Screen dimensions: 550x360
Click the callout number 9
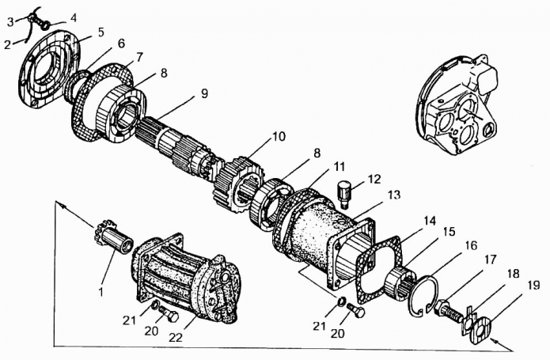(204, 93)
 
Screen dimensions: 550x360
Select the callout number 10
(279, 136)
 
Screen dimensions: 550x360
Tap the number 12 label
(374, 179)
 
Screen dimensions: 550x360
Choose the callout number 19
(533, 286)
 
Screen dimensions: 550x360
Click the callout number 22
(176, 337)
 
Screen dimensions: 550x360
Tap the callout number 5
(101, 32)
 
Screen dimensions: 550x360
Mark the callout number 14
(430, 221)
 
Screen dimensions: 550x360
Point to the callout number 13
(394, 194)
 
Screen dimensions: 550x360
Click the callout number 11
(339, 166)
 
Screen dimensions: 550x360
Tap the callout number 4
(73, 18)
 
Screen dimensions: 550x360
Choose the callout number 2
(8, 45)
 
